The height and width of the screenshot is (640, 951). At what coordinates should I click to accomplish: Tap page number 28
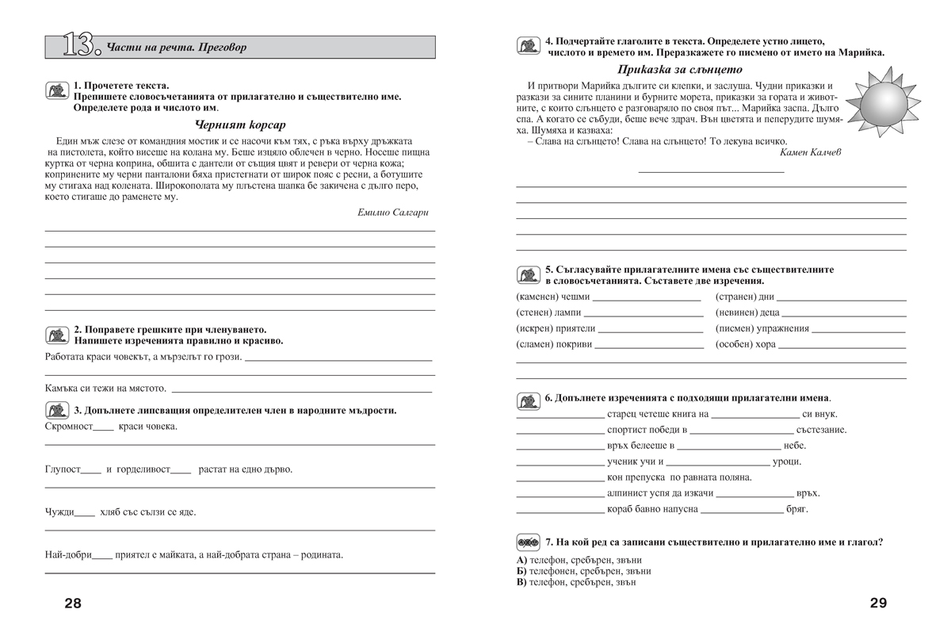(x=72, y=604)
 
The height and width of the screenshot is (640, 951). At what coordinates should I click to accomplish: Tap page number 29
(x=878, y=603)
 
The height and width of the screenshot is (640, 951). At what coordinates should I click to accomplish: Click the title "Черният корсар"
(x=239, y=125)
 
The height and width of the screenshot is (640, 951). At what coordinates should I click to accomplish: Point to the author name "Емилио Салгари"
(x=393, y=213)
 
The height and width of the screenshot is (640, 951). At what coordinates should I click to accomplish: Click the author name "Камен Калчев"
(x=810, y=151)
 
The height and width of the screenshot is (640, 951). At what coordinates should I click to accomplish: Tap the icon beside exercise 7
(x=528, y=542)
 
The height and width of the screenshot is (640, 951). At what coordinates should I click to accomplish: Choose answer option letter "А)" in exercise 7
(x=521, y=560)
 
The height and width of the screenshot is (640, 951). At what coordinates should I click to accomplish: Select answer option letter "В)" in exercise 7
(x=521, y=582)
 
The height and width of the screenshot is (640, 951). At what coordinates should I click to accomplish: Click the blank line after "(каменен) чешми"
(x=647, y=300)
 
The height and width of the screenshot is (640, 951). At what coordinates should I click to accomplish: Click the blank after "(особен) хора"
(x=842, y=347)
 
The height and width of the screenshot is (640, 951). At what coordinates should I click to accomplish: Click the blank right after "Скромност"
(x=103, y=429)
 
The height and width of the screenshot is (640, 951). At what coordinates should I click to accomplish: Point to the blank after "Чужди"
(x=85, y=515)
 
